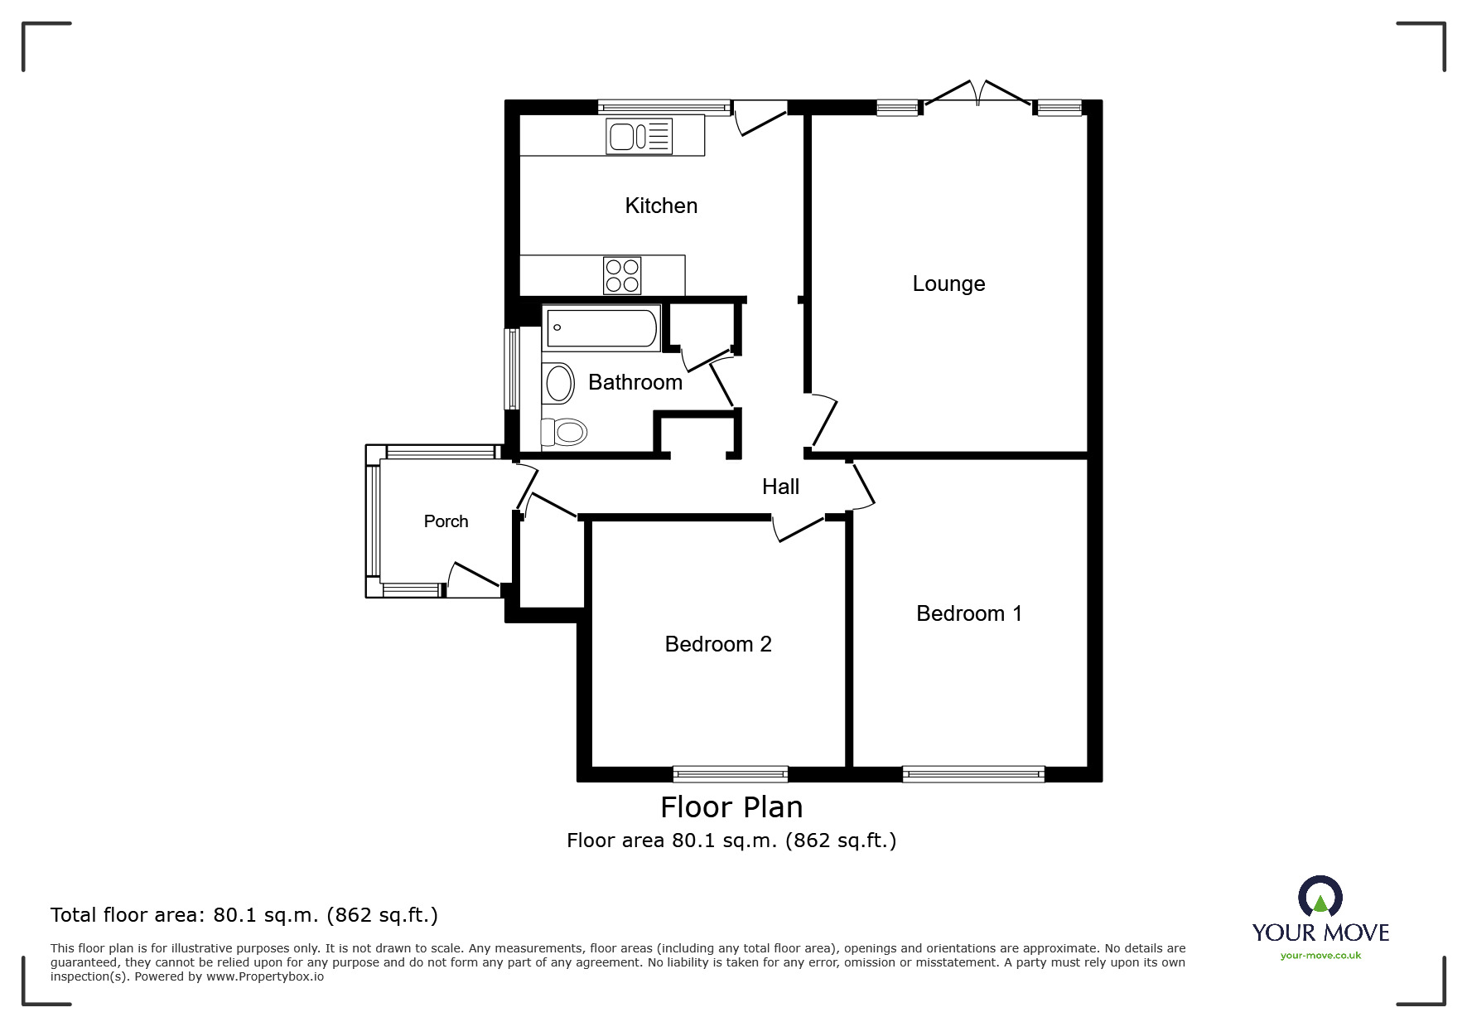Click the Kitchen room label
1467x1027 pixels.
click(x=661, y=206)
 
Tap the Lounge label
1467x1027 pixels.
click(x=948, y=284)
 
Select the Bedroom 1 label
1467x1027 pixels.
click(x=969, y=613)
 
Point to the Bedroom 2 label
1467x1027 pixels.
click(x=718, y=644)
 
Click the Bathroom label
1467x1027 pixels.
click(x=635, y=382)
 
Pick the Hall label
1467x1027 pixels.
click(x=780, y=487)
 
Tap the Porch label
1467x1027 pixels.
click(x=446, y=521)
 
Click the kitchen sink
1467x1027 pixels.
click(x=639, y=136)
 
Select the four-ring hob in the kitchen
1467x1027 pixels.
click(x=622, y=276)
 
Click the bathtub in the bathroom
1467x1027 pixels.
click(x=601, y=327)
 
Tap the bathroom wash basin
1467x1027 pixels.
click(x=559, y=384)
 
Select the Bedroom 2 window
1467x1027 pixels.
click(x=730, y=774)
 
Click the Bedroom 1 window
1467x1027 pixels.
click(x=973, y=774)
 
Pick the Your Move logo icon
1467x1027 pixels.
click(x=1320, y=899)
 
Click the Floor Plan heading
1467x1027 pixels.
click(x=731, y=807)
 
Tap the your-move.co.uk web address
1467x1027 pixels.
click(x=1320, y=956)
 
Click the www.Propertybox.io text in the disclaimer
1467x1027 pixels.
click(x=265, y=976)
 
